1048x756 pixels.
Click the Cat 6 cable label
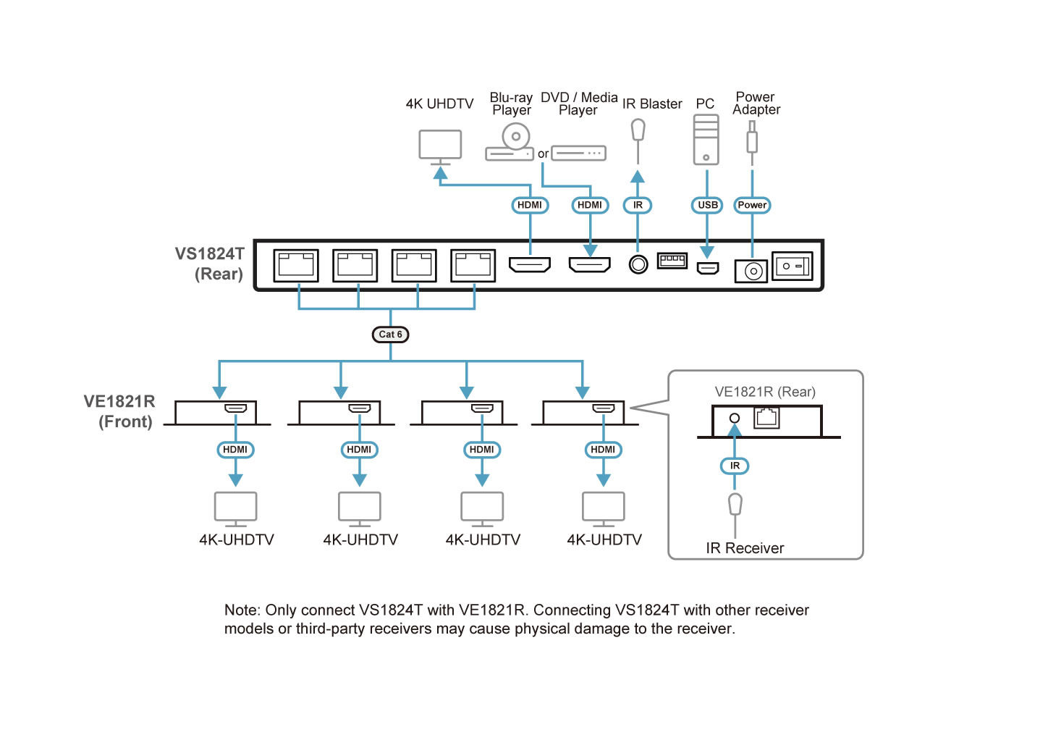tap(390, 335)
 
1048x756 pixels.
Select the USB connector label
tap(707, 205)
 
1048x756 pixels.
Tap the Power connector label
tap(752, 205)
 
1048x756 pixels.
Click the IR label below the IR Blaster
tap(638, 205)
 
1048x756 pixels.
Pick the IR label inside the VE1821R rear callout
tap(735, 466)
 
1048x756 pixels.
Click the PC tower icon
tap(706, 140)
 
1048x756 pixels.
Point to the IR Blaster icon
tap(638, 131)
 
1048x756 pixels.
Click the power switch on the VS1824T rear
tap(792, 266)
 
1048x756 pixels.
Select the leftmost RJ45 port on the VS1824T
tap(296, 266)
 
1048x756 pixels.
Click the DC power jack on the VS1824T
tap(751, 272)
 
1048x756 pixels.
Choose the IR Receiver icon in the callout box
tap(735, 505)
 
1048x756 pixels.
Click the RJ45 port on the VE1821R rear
tap(766, 418)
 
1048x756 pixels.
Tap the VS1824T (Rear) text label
tap(210, 264)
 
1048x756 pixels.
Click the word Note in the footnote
tap(241, 610)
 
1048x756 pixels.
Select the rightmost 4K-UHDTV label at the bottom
tap(604, 540)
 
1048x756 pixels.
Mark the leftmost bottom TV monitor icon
tap(235, 508)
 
